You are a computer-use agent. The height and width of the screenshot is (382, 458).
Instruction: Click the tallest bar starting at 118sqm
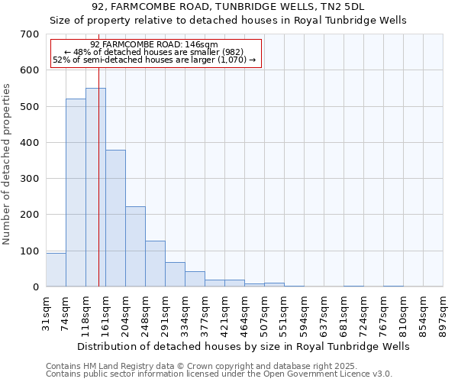tap(95, 187)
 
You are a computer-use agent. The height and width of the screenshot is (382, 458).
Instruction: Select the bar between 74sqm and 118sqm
tap(76, 193)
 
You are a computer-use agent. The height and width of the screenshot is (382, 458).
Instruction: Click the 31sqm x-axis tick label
tap(47, 313)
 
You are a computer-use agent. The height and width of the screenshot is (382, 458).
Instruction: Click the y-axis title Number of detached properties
tap(8, 164)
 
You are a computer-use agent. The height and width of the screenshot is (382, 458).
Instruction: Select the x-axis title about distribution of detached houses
tap(244, 346)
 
